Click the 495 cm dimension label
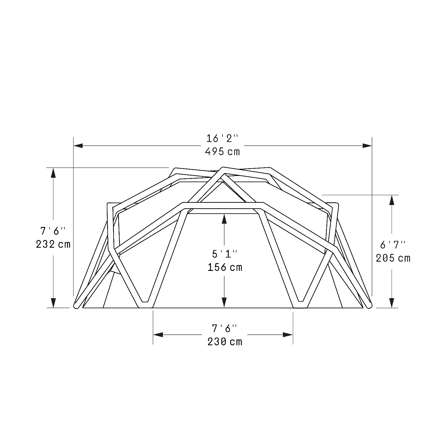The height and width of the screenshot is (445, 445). [x=222, y=152]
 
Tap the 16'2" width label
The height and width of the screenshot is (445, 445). [x=222, y=139]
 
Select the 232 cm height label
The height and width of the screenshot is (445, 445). [x=53, y=244]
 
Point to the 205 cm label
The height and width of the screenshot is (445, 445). [x=393, y=258]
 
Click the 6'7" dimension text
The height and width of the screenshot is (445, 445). [x=393, y=245]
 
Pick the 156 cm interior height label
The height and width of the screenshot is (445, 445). [x=225, y=267]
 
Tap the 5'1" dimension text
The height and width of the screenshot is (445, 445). [x=225, y=254]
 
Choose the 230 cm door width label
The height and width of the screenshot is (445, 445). [x=225, y=342]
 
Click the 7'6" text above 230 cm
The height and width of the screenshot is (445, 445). [x=225, y=328]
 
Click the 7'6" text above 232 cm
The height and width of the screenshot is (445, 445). [x=53, y=231]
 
